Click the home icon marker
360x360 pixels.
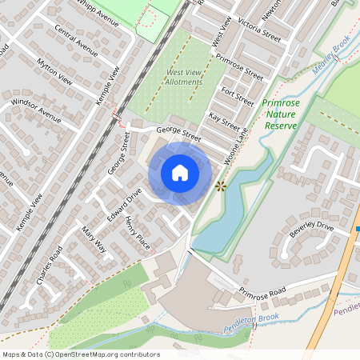click(180, 172)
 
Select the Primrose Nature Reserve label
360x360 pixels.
click(282, 114)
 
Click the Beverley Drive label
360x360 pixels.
click(311, 228)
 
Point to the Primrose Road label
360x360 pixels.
click(262, 290)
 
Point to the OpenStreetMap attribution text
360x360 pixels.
click(80, 354)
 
